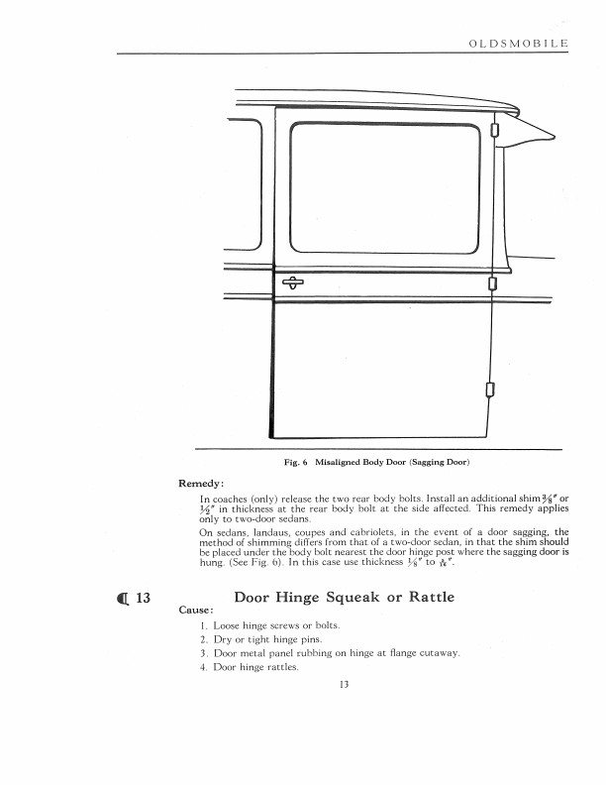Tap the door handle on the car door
click(294, 282)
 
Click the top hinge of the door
click(493, 128)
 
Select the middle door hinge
click(492, 285)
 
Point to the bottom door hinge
click(489, 388)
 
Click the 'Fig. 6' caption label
click(295, 463)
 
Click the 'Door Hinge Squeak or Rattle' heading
click(344, 598)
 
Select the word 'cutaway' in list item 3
click(437, 653)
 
